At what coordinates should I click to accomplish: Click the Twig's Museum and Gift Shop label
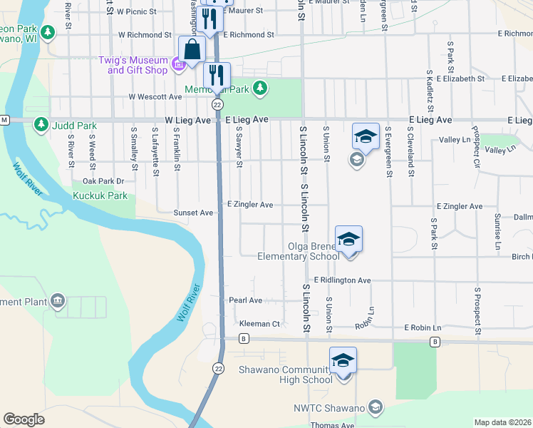click(x=138, y=65)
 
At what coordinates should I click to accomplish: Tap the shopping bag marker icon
click(x=192, y=49)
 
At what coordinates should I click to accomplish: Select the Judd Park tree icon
click(x=41, y=126)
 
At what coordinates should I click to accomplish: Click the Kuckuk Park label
click(x=104, y=195)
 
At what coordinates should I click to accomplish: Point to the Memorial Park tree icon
click(x=261, y=88)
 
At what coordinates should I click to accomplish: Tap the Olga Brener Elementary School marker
click(x=349, y=239)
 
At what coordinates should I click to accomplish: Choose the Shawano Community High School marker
click(x=343, y=361)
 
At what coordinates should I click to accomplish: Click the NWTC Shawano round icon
click(x=375, y=407)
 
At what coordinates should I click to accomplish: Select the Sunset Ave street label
click(x=194, y=213)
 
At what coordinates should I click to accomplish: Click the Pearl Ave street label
click(x=245, y=300)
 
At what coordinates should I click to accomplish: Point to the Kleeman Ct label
click(x=259, y=324)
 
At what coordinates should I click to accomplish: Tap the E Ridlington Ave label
click(x=342, y=280)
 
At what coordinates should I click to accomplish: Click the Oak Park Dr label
click(x=103, y=181)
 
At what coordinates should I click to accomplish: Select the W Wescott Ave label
click(x=155, y=96)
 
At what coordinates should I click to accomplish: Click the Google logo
click(x=24, y=419)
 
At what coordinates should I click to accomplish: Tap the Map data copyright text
click(x=502, y=422)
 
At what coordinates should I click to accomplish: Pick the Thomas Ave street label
click(x=332, y=425)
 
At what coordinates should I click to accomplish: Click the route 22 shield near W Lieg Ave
click(x=218, y=104)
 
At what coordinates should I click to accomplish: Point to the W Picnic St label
click(x=136, y=12)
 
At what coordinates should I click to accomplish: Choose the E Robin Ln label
click(x=423, y=327)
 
